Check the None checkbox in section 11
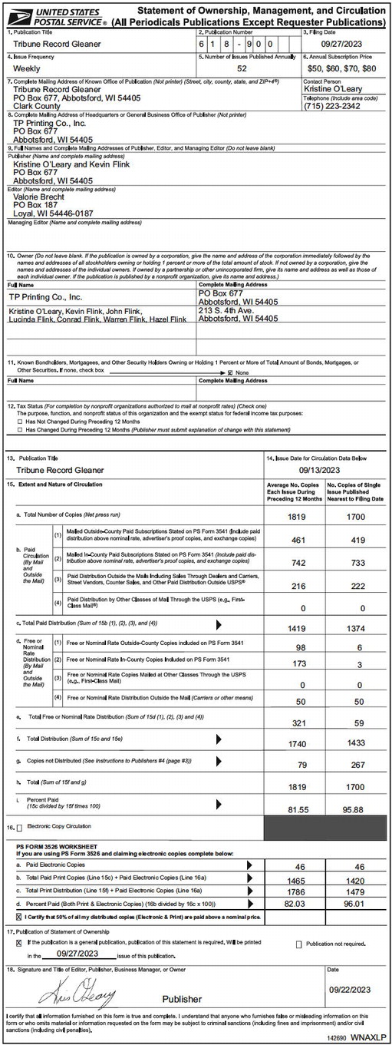[229, 372]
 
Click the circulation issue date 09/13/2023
[324, 469]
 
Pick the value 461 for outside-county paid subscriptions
[293, 539]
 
